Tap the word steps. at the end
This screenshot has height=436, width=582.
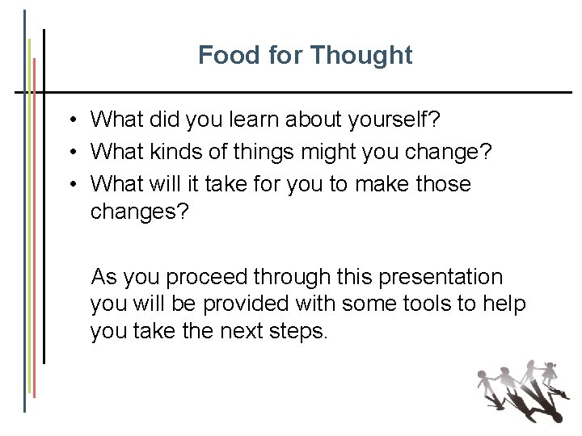coord(299,332)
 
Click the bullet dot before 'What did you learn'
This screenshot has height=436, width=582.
coord(73,121)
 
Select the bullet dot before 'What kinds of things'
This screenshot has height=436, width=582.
coord(73,153)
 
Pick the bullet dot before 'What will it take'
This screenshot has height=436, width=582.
coord(73,185)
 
